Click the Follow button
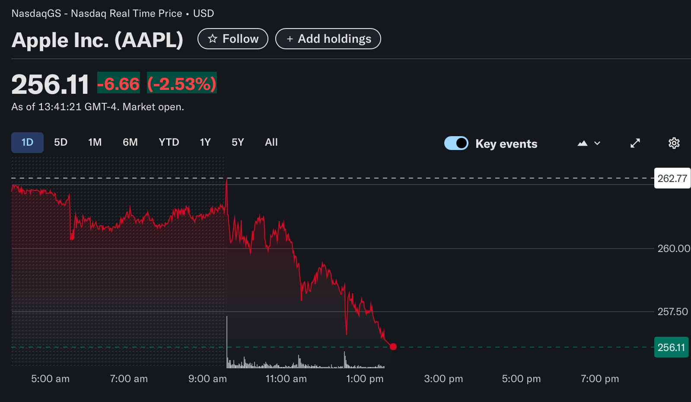coord(232,39)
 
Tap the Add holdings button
coord(328,39)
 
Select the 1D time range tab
coord(27,143)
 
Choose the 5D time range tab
coord(61,143)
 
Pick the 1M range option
coord(95,143)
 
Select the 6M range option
coord(130,143)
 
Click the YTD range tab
coord(169,143)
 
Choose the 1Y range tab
coord(205,143)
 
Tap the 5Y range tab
coord(238,143)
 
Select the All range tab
coord(271,143)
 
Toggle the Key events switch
coord(456,143)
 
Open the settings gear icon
coord(674,143)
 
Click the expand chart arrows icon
coord(635,143)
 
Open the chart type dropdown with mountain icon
coord(589,143)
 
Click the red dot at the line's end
coord(393,347)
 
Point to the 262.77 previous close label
coord(672,179)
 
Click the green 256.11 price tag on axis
coord(671,348)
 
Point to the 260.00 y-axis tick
coord(673,249)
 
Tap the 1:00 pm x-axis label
coord(365,379)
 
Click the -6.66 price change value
coord(118,83)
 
